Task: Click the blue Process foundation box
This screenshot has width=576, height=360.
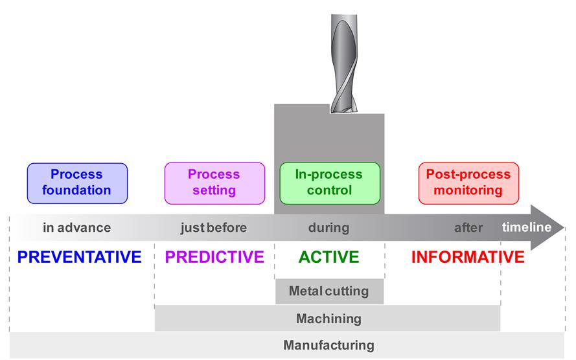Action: pos(77,182)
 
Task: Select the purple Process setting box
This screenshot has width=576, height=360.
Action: pos(214,182)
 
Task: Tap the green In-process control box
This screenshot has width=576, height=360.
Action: pos(328,182)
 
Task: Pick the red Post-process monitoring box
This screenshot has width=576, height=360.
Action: pos(468,182)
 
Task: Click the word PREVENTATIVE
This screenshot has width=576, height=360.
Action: pos(80,257)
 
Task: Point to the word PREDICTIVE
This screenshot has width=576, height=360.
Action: pos(214,257)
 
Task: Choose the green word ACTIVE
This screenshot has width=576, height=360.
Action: pos(328,257)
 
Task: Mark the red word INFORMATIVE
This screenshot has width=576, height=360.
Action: pos(468,257)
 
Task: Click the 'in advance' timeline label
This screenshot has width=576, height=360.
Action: pos(77,227)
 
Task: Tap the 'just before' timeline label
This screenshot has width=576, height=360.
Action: pos(213,227)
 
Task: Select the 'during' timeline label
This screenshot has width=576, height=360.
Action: pos(328,227)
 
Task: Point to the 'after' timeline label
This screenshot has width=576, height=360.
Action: pos(468,227)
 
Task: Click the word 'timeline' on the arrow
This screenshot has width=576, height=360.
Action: pos(527,227)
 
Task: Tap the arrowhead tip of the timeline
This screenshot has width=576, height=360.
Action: pos(564,227)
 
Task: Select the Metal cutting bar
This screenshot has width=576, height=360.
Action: pos(328,291)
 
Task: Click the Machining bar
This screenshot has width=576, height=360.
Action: pos(328,319)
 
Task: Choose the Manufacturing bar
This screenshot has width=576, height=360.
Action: pos(328,345)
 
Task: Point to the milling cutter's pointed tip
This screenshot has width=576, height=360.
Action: pos(341,111)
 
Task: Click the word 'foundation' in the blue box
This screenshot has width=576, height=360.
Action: pos(77,190)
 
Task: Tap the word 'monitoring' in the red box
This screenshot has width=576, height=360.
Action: pos(468,190)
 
